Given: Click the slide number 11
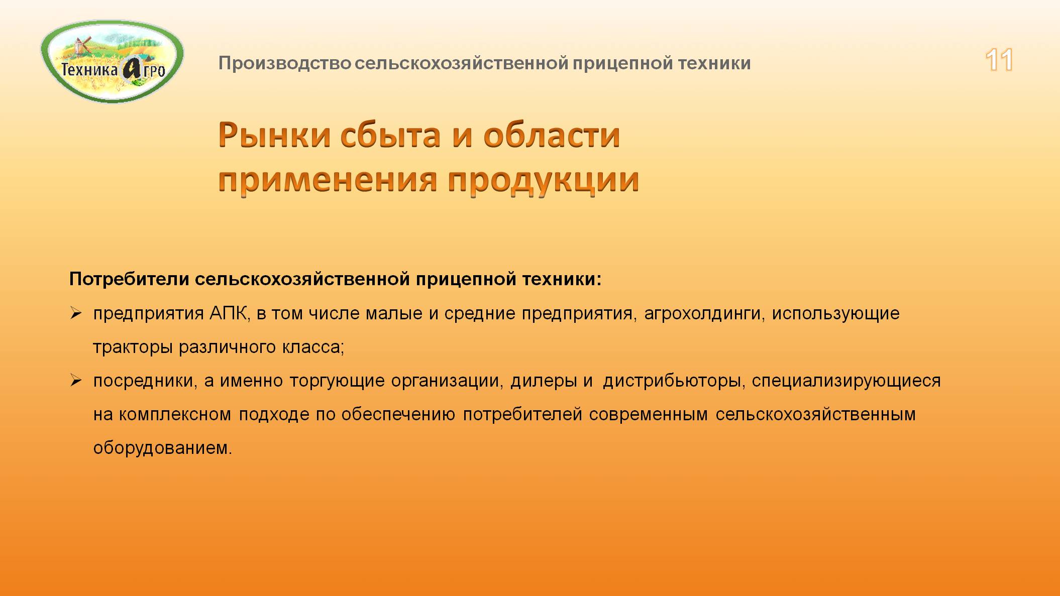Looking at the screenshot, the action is [x=999, y=60].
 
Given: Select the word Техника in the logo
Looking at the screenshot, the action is [x=89, y=69].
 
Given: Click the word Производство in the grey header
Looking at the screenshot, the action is [x=284, y=64].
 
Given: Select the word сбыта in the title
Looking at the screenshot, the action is [x=390, y=136].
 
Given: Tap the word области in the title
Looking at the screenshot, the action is [x=552, y=136].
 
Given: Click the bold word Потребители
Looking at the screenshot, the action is [x=129, y=279].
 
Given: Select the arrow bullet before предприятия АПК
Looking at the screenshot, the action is [x=76, y=314].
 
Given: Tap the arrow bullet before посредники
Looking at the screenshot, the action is [x=76, y=381].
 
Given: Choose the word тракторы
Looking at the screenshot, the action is [x=133, y=347].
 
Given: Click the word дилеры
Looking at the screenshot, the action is [x=544, y=381].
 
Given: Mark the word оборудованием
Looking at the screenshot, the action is [x=162, y=448].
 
